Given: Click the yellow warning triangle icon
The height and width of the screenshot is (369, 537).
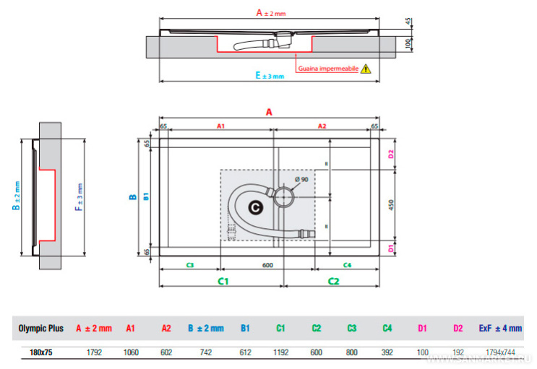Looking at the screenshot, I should (x=366, y=69).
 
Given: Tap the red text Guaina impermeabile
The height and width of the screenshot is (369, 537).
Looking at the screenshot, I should (x=328, y=69).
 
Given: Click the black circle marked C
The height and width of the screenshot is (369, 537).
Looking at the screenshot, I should (x=254, y=207).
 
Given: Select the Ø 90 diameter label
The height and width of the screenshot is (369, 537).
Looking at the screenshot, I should (x=301, y=179).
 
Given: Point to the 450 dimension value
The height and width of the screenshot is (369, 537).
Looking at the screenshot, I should (x=391, y=204).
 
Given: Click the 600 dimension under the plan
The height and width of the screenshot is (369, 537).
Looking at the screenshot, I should (x=267, y=266).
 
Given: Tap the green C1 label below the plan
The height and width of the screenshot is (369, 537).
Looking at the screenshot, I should (x=223, y=280).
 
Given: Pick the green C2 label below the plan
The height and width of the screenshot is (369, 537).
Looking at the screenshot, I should (x=334, y=280).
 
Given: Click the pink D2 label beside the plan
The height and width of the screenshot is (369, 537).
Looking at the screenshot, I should (x=390, y=154).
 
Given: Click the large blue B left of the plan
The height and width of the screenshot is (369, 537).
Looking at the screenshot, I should (x=132, y=196).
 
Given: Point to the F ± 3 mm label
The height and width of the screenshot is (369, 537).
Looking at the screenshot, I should (x=80, y=196).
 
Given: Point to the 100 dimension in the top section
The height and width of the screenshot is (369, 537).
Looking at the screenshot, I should (x=409, y=43).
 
